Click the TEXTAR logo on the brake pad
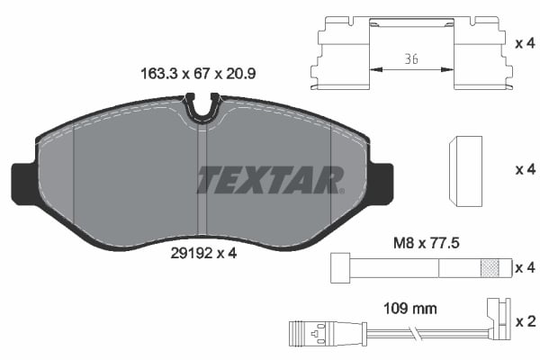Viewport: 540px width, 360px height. [269, 180]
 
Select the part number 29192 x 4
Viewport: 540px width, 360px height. [203, 254]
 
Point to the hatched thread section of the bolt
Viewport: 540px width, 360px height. [490, 267]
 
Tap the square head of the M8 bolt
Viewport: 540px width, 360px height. [339, 267]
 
